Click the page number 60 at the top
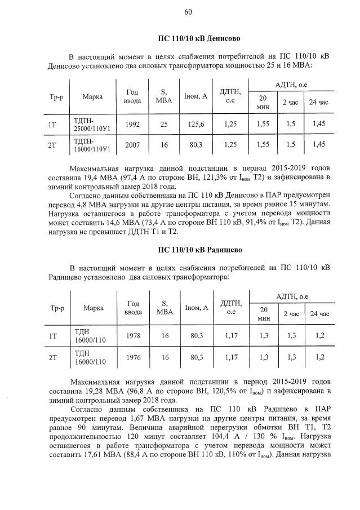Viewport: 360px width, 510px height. [x=188, y=12]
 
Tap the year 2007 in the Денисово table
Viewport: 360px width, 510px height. [x=132, y=145]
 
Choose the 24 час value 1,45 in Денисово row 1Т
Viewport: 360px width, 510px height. [x=318, y=124]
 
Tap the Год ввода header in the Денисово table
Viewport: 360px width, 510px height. [x=132, y=96]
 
